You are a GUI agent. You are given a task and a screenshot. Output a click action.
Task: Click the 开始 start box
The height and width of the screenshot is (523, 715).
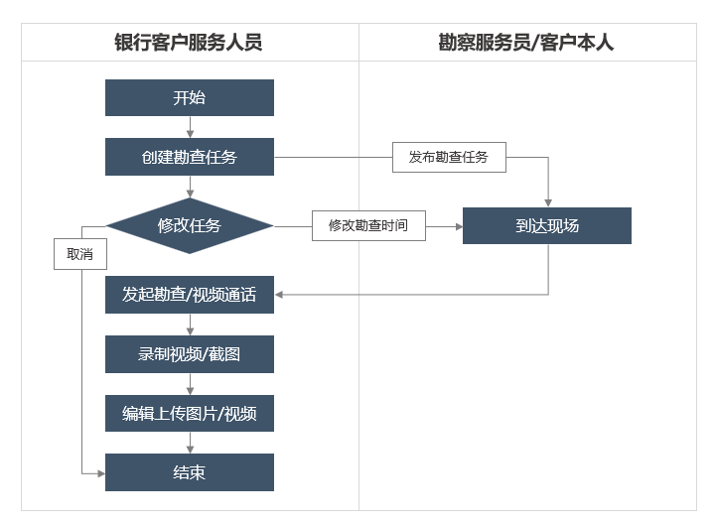coord(190,97)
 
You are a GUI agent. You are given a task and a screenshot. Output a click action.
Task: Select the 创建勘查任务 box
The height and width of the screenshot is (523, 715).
coord(190,157)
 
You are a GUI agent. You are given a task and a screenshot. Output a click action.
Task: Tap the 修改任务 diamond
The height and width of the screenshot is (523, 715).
coord(190,225)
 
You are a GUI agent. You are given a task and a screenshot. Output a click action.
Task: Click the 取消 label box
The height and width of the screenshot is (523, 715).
coord(80,254)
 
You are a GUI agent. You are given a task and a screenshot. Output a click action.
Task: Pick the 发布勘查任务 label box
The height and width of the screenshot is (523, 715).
coord(449,157)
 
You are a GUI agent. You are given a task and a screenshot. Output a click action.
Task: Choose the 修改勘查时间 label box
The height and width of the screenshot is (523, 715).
coord(368,225)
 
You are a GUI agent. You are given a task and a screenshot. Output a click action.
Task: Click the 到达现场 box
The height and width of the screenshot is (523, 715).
coord(547,225)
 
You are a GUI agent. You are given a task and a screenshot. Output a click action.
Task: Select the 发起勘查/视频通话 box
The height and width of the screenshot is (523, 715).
coord(190,295)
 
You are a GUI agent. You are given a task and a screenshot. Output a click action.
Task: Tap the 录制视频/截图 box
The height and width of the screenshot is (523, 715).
coord(190,354)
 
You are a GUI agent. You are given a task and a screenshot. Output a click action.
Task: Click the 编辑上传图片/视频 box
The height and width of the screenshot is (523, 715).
coord(190,413)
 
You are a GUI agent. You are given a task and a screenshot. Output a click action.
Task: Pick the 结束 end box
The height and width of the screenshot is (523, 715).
coord(190,472)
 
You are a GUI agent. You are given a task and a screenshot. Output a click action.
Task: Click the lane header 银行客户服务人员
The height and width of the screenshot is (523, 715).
coord(189,43)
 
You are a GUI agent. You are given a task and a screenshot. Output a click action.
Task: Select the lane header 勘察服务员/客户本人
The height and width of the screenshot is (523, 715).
coord(525,43)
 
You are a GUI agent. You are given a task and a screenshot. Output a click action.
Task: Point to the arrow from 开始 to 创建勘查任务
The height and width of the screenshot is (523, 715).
coord(190,127)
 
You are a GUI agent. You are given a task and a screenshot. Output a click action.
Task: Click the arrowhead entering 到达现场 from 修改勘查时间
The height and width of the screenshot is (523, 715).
coord(459,226)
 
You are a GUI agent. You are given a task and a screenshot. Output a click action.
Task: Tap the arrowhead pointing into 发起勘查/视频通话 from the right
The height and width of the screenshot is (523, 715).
coord(279,295)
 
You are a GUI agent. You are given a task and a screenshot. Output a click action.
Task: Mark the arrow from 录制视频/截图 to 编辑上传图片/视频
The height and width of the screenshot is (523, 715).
coord(190,384)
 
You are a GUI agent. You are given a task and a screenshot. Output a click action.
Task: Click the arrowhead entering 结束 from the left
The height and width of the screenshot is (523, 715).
coord(101,473)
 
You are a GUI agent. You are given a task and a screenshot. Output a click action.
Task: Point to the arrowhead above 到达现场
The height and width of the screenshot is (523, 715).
coord(548,203)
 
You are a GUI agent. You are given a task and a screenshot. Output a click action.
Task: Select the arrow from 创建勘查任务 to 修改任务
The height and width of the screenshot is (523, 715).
coord(190,187)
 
